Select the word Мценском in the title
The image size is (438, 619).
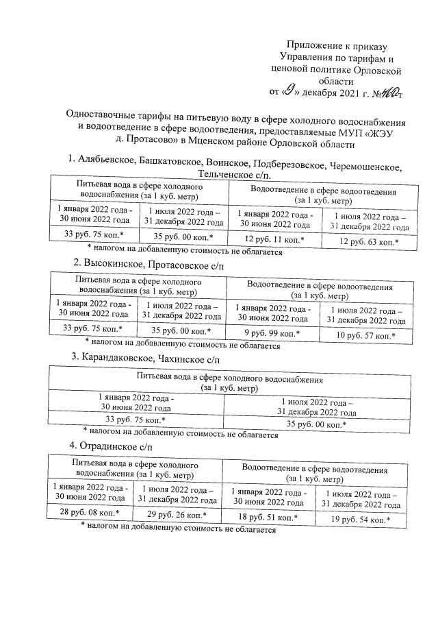[x=209, y=144]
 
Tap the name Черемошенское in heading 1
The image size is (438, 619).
[x=365, y=167]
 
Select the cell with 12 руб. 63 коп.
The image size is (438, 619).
[x=370, y=242]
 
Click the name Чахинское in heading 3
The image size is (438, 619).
[x=193, y=358]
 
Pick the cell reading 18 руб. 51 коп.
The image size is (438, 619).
[x=269, y=517]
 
